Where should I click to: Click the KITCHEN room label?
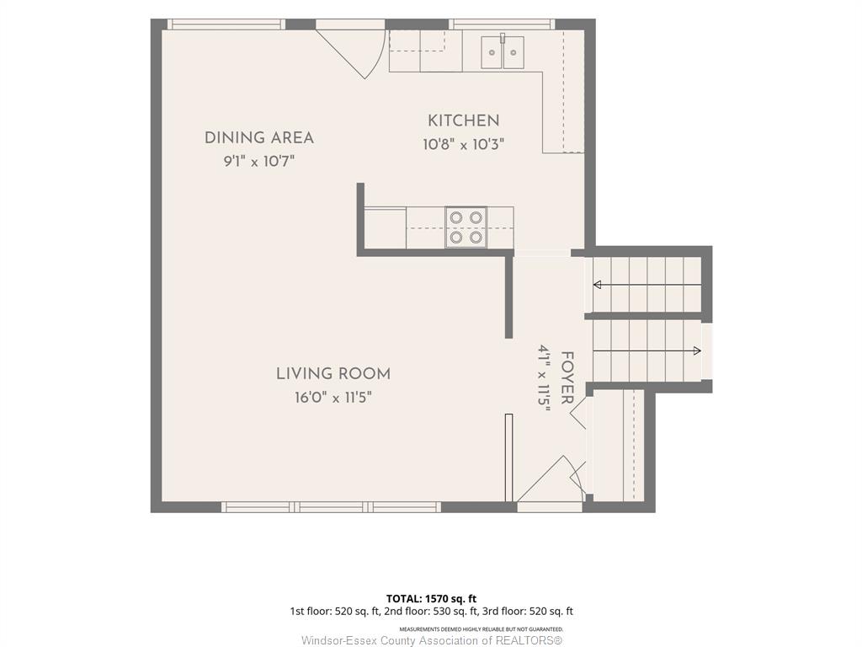464,120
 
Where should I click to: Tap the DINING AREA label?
259,137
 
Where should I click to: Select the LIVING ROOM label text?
333,374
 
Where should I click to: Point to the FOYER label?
567,378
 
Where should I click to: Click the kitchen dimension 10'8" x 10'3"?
464,145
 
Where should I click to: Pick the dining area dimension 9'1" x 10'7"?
259,162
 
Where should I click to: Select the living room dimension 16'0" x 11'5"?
333,398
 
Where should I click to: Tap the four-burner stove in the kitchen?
466,227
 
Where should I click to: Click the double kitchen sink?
503,52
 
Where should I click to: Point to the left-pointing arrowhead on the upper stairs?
597,285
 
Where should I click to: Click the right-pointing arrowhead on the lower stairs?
697,350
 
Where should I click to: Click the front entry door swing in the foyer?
550,479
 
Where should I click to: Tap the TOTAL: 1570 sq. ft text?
431,599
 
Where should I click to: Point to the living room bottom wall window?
331,506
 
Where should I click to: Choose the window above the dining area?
226,24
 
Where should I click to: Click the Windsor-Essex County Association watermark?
432,640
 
